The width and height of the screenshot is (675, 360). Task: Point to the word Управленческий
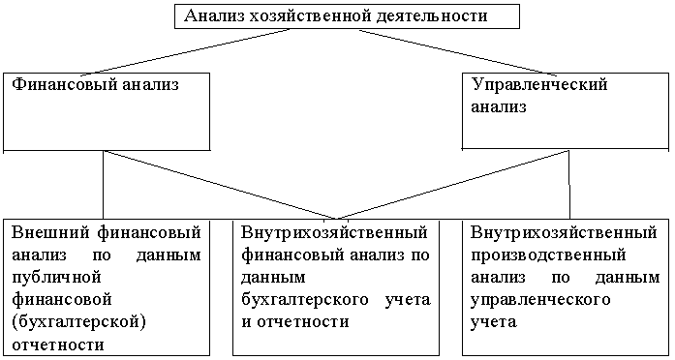538,85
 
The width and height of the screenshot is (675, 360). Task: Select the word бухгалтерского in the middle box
302,297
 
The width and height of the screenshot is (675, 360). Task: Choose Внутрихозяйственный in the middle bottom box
335,232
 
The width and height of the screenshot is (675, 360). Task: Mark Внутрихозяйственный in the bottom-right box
565,232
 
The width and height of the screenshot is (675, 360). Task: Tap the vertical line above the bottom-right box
568,185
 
